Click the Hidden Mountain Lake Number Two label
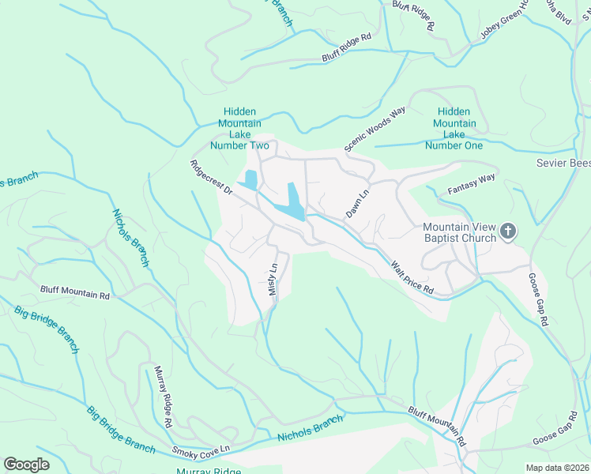click(x=239, y=129)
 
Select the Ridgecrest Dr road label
click(x=211, y=178)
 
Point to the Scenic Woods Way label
click(x=375, y=128)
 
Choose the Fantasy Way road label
click(x=471, y=184)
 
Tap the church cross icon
click(x=508, y=231)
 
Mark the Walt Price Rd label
click(x=412, y=278)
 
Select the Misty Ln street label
click(x=273, y=280)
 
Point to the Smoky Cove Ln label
click(x=201, y=450)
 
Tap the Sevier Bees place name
click(x=563, y=163)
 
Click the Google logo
click(x=26, y=465)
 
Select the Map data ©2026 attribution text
click(x=556, y=468)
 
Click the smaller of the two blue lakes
click(x=250, y=180)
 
